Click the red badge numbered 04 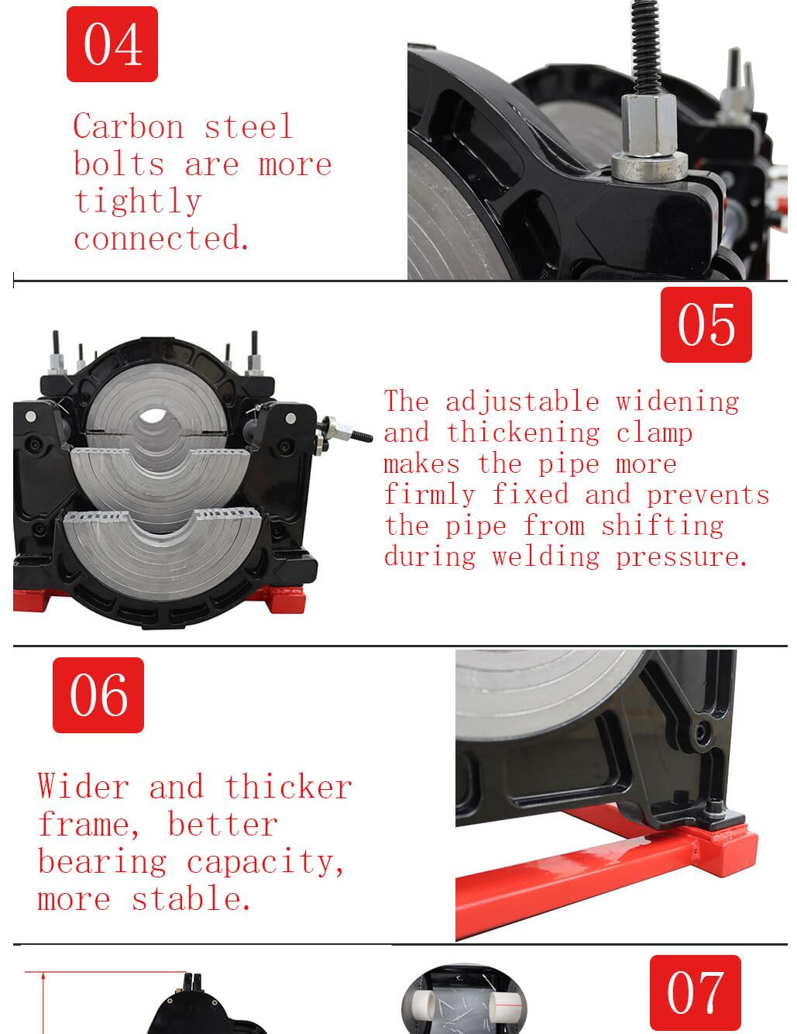pos(112,43)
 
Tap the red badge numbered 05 pos(706,325)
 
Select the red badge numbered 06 pos(98,695)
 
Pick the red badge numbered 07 pos(695,993)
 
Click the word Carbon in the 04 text pos(129,126)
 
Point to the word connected pos(161,237)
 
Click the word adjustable pos(522,402)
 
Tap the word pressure pos(681,557)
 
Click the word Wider pos(83,786)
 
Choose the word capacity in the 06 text pos(265,862)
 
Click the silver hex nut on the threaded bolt pos(648,125)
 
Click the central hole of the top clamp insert pos(153,416)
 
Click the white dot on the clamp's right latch pos(290,419)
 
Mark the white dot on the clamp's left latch pos(30,416)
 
